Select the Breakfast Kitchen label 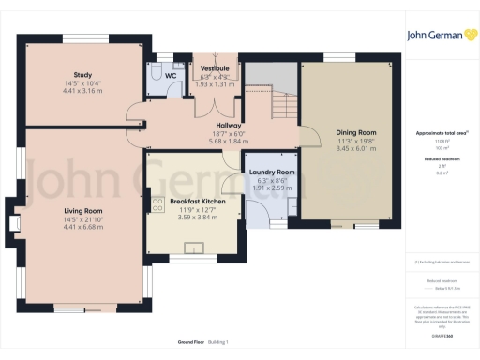point(197,202)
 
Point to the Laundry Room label point(271,172)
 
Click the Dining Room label point(354,132)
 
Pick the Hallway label point(229,125)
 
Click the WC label point(171,75)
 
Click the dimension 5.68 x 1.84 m point(229,141)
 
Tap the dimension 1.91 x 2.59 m point(271,188)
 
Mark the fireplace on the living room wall point(14,222)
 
